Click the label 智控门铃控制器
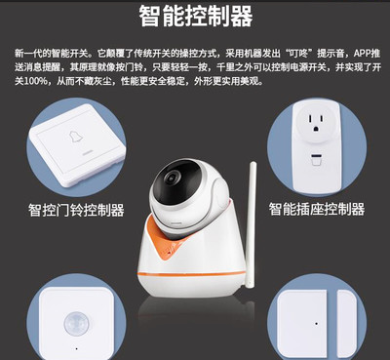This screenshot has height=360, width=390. (77, 209)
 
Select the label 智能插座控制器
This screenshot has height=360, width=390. (317, 209)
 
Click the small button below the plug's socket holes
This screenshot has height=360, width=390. (315, 158)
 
